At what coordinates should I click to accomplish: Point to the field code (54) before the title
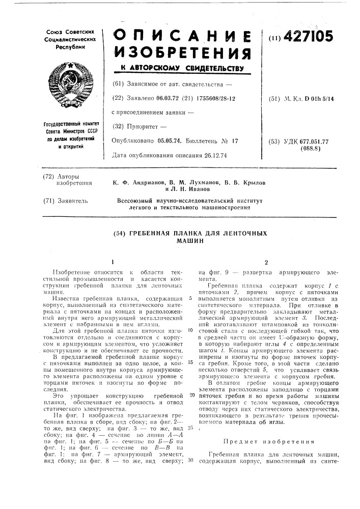tap(122, 232)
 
